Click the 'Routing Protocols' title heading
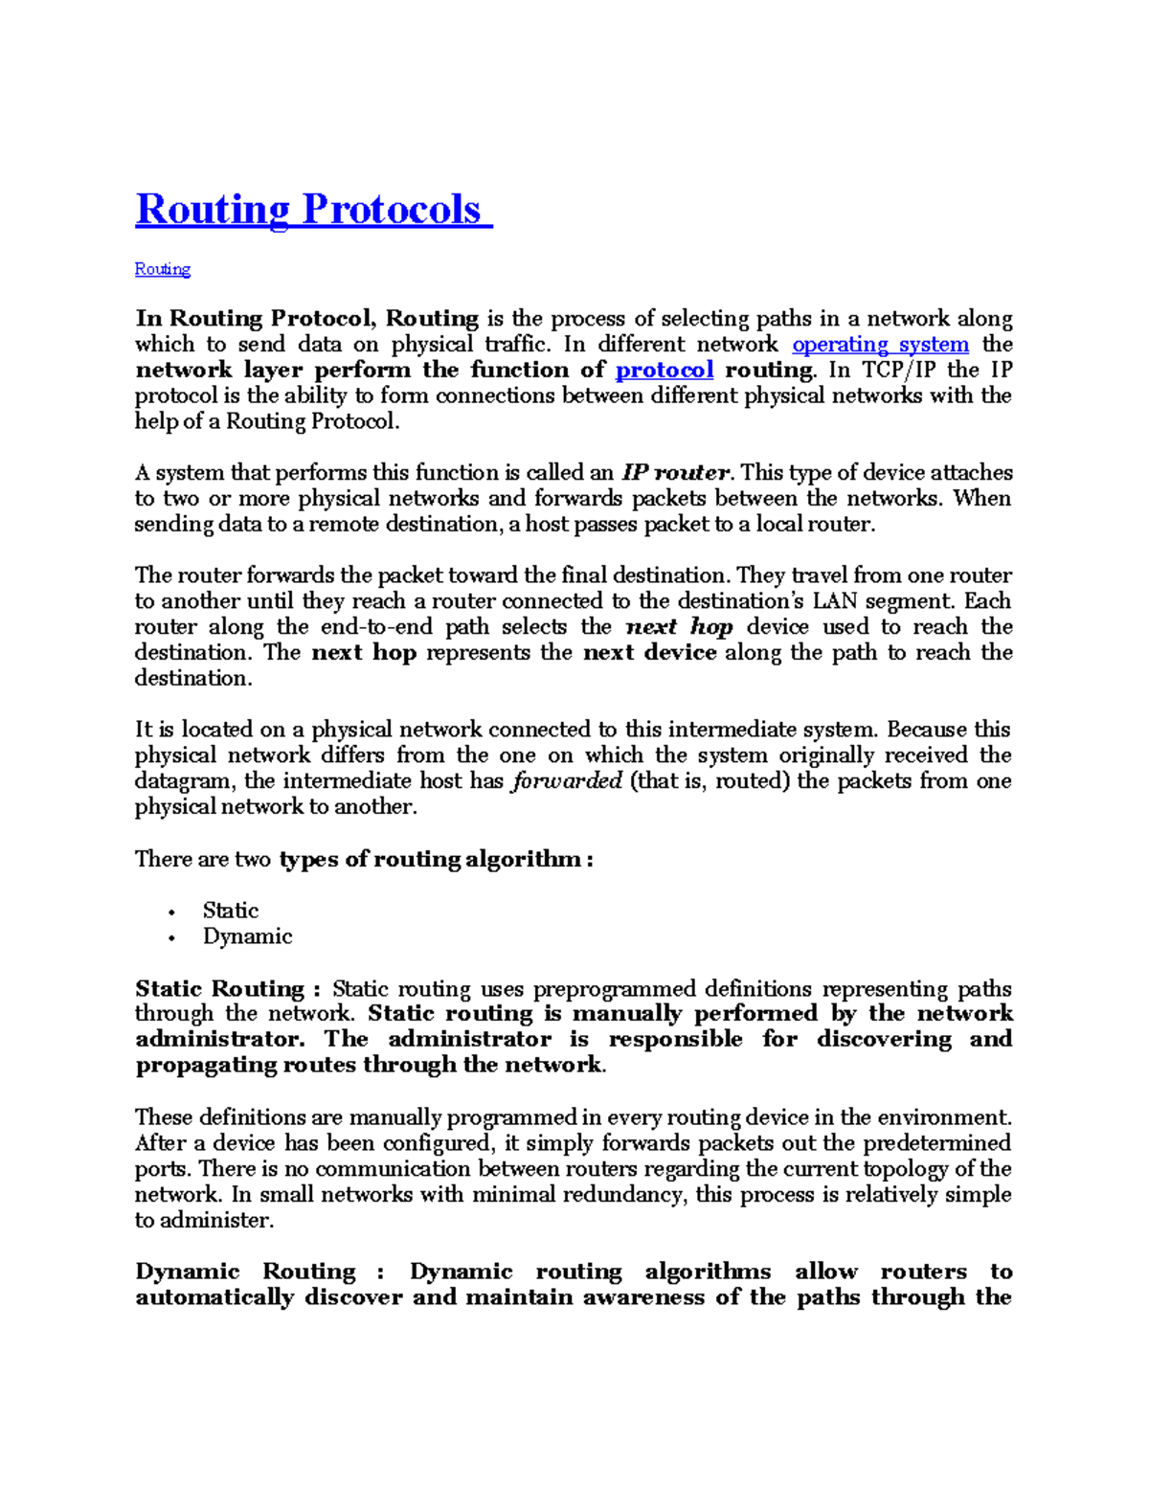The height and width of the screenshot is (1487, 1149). point(312,210)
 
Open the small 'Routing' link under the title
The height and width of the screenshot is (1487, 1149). point(162,269)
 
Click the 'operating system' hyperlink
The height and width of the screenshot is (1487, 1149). point(880,345)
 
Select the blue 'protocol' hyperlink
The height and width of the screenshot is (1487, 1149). point(664,371)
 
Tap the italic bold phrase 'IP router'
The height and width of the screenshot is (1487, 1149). point(676,473)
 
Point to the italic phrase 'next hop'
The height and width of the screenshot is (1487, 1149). point(679,627)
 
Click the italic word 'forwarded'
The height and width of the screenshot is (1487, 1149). point(567,781)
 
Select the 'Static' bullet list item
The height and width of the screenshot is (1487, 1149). point(230,911)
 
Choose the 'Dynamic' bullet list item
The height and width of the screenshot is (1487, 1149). point(247,936)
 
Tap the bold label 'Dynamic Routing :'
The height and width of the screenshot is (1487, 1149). point(259,1272)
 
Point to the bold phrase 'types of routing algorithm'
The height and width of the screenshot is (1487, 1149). point(430,859)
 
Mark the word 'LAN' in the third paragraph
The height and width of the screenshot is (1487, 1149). point(834,601)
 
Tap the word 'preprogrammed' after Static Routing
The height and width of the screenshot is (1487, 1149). point(604,989)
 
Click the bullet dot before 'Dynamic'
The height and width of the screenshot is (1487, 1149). point(171,937)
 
